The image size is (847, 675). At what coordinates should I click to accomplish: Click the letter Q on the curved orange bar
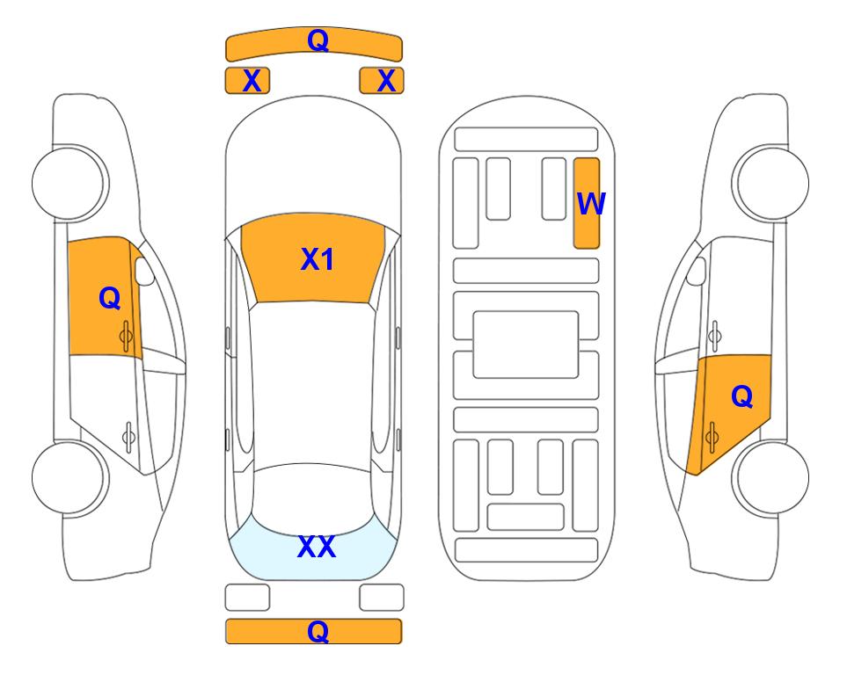pyautogui.click(x=318, y=40)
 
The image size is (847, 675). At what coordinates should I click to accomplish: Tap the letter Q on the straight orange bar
pyautogui.click(x=318, y=631)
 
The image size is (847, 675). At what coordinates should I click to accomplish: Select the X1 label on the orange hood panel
pyautogui.click(x=318, y=259)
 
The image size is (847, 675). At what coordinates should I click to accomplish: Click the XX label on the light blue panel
pyautogui.click(x=317, y=547)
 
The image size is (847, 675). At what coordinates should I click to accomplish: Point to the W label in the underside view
pyautogui.click(x=591, y=204)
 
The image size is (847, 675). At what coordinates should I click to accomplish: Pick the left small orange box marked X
pyautogui.click(x=247, y=81)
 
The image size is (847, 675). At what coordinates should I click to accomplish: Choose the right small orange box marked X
pyautogui.click(x=382, y=81)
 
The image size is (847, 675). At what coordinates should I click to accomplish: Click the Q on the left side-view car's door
pyautogui.click(x=110, y=298)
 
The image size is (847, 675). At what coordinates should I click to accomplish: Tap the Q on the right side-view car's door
pyautogui.click(x=741, y=397)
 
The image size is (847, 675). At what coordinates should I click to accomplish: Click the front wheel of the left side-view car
pyautogui.click(x=69, y=183)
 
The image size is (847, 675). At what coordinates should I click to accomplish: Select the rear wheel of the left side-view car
pyautogui.click(x=69, y=477)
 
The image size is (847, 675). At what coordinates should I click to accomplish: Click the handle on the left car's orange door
pyautogui.click(x=126, y=337)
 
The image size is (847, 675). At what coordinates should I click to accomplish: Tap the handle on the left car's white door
pyautogui.click(x=128, y=436)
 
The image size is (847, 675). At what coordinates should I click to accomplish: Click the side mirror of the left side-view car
pyautogui.click(x=144, y=272)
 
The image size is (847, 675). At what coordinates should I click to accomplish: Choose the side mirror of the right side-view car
pyautogui.click(x=697, y=272)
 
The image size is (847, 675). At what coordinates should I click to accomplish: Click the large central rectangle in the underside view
pyautogui.click(x=526, y=345)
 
